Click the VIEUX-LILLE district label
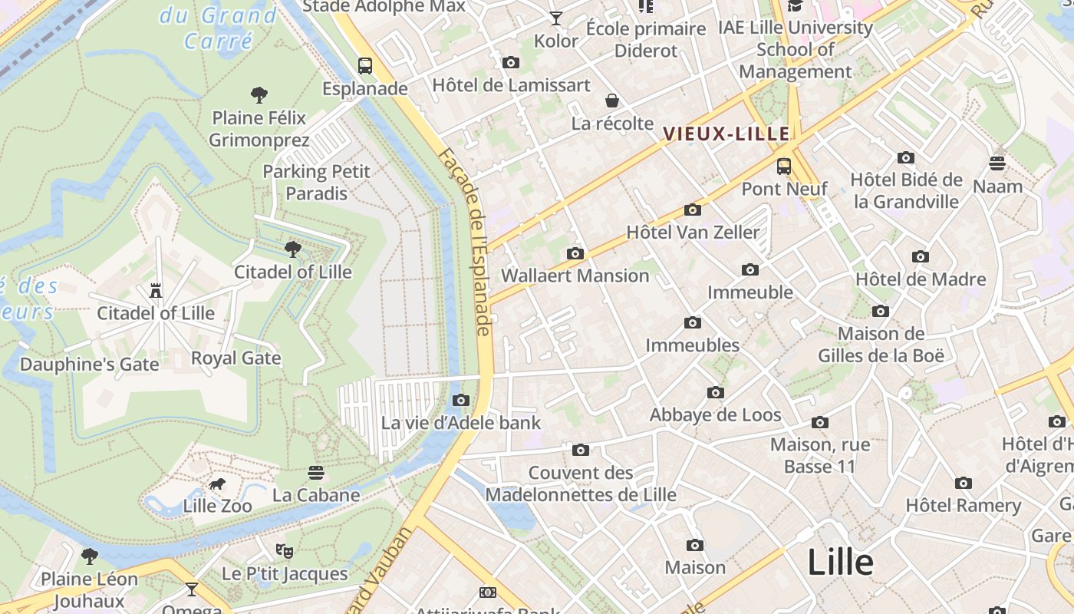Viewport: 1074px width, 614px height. (726, 134)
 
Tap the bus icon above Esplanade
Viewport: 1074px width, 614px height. (365, 66)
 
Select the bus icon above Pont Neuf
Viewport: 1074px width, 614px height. (783, 166)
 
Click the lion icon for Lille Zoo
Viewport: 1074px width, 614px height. (217, 484)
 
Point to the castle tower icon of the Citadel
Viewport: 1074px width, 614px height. (156, 290)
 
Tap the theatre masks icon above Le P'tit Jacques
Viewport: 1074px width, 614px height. (285, 550)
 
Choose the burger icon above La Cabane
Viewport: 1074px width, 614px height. (316, 472)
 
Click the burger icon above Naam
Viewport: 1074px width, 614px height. (997, 163)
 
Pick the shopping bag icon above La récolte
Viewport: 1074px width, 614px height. (612, 101)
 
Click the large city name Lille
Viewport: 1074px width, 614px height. (840, 563)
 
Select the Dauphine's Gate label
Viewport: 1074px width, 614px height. (89, 364)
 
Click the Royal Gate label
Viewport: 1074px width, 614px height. (236, 358)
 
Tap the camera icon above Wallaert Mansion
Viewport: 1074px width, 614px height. (575, 253)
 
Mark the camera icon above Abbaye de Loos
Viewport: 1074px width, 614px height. (715, 392)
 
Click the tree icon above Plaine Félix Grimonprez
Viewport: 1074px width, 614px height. (259, 95)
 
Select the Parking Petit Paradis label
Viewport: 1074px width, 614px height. (316, 182)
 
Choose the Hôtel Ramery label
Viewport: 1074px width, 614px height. (963, 505)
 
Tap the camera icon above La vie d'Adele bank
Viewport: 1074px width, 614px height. (461, 400)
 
